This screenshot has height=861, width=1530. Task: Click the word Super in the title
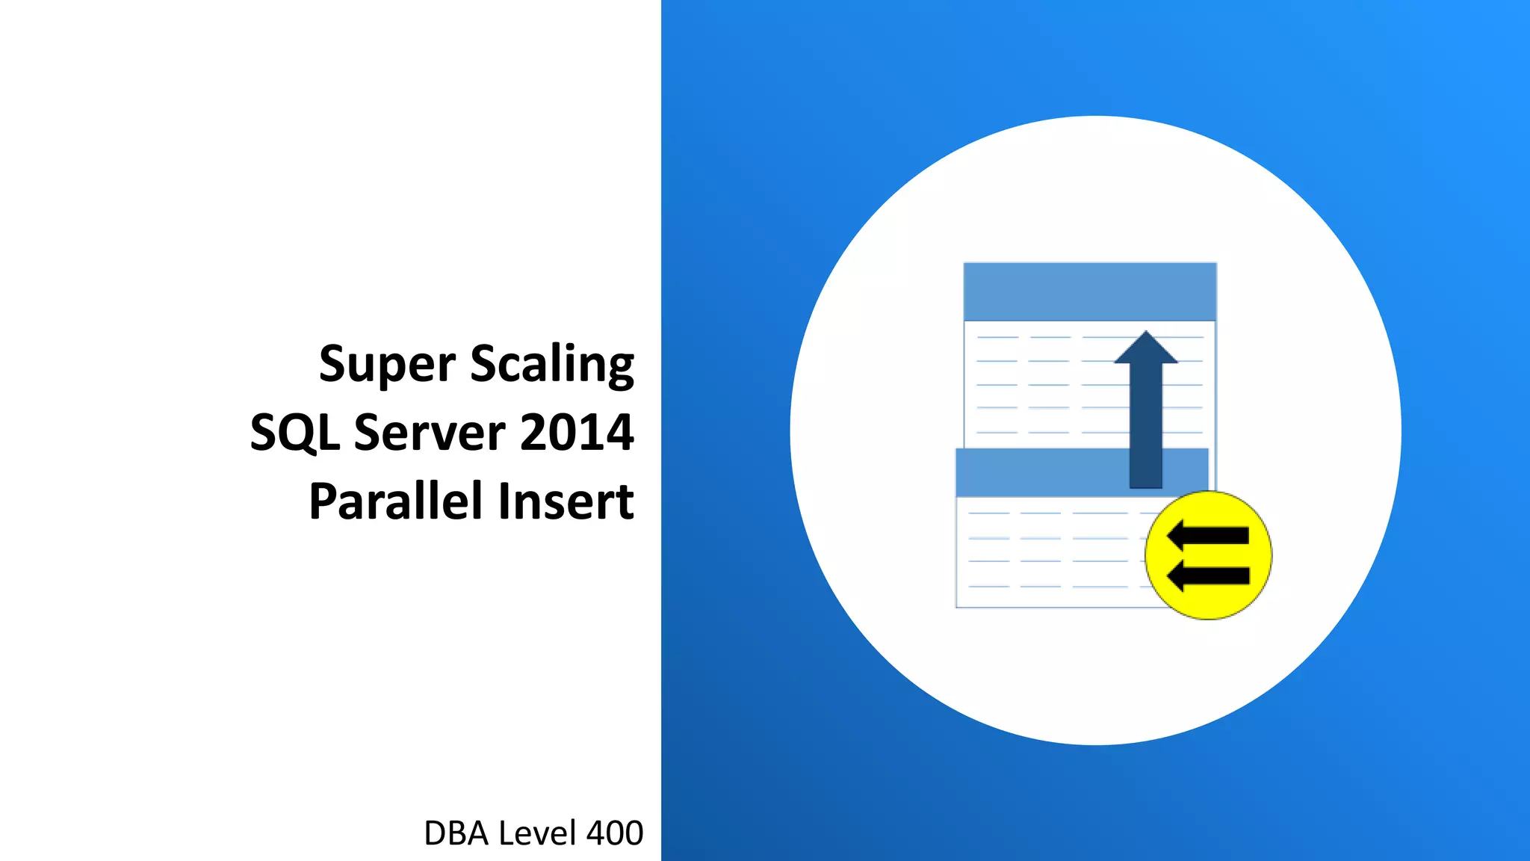click(x=386, y=365)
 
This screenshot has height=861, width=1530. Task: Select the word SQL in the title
click(x=294, y=433)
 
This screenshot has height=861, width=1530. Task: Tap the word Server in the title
click(x=430, y=433)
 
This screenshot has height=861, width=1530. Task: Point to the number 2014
click(x=577, y=433)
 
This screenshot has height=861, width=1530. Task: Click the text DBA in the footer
click(x=456, y=833)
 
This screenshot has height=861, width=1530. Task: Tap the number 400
click(x=614, y=833)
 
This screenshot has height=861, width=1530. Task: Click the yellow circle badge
click(x=1208, y=555)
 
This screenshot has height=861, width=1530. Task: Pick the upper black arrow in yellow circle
click(x=1208, y=536)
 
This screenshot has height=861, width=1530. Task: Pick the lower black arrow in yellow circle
click(x=1208, y=575)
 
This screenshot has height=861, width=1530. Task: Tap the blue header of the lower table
click(x=1038, y=472)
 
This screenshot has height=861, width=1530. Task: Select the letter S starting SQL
click(x=263, y=433)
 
